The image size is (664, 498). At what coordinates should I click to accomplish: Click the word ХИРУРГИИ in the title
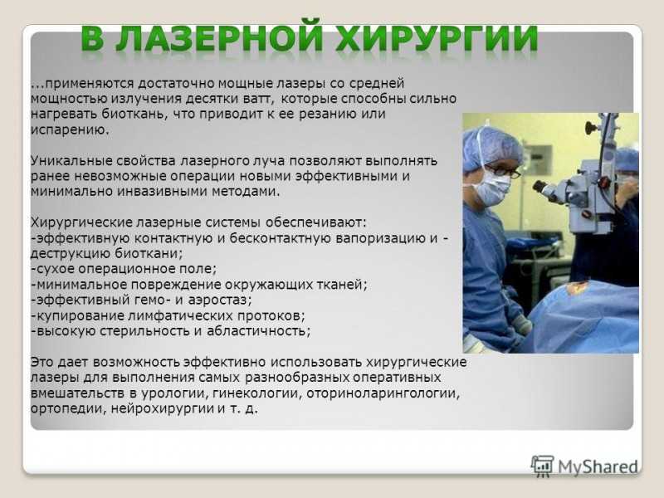pos(437,39)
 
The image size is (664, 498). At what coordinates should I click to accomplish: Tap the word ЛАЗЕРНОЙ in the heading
pos(219,39)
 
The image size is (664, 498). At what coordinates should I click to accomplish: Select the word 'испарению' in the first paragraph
pos(70,129)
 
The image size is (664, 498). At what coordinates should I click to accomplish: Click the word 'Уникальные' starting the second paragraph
pos(71,161)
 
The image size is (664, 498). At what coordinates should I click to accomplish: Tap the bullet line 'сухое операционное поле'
pos(123,269)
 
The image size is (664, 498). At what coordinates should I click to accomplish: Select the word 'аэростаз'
pos(219,300)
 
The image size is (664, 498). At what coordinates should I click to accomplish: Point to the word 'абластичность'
pos(258,330)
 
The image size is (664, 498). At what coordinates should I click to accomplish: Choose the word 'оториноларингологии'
pos(383,393)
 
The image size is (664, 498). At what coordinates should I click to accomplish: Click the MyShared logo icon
pos(543,466)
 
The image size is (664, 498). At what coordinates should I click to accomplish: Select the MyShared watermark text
pos(598,466)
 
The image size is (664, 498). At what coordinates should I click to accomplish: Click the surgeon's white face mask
pos(492,187)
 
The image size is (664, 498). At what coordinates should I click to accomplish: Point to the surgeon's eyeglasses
pos(502,170)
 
